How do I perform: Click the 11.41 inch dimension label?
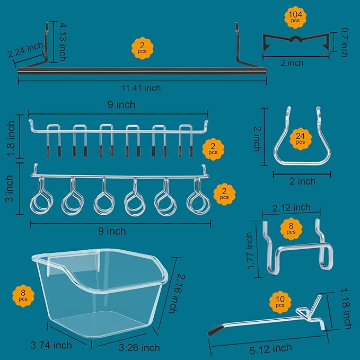(142, 89)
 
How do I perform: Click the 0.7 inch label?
(344, 42)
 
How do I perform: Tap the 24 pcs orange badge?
(300, 139)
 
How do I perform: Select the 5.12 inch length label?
(269, 348)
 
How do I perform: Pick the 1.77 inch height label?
(250, 250)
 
